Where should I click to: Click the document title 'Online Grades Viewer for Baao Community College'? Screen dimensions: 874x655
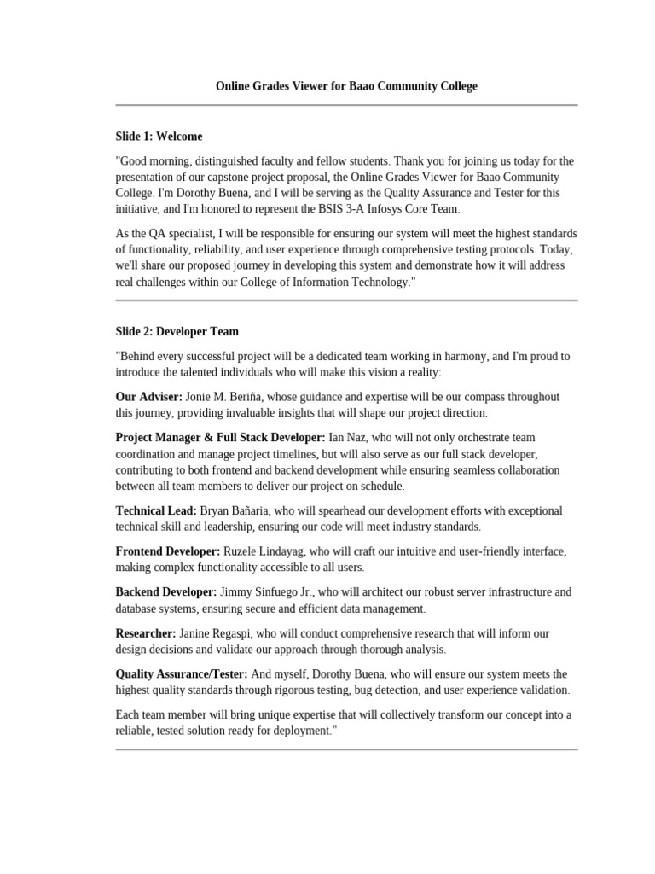tap(346, 86)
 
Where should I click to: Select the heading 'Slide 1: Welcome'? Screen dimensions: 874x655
tap(159, 137)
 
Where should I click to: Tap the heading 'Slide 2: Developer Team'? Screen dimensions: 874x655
tap(177, 331)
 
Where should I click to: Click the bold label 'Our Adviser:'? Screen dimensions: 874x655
tap(148, 397)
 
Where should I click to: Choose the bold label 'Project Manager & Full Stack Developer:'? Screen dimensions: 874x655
tap(221, 437)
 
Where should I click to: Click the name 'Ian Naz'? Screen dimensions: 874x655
tap(349, 437)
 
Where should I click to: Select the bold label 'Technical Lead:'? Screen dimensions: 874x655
tap(156, 510)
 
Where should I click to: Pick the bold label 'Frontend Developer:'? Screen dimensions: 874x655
tap(168, 551)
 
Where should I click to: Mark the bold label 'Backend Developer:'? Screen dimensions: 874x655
tap(166, 591)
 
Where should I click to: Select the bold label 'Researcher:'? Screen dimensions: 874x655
tap(146, 632)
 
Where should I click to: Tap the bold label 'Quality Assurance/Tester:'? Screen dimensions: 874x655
tap(182, 673)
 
